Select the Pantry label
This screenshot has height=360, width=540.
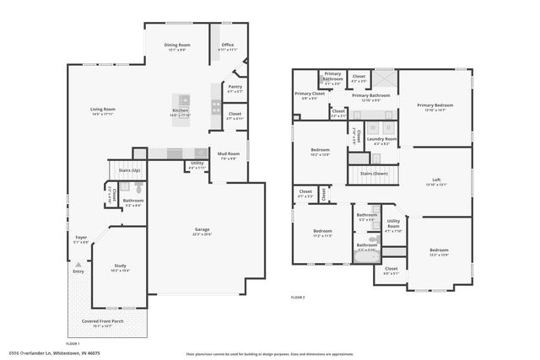tap(235, 87)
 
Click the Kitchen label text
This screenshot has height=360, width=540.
tap(181, 110)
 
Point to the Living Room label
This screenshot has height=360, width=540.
tap(103, 109)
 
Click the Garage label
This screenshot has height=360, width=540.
tap(202, 229)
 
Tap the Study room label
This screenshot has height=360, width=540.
tap(120, 266)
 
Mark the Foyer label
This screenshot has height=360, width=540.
tap(81, 238)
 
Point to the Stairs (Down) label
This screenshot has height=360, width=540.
tap(374, 173)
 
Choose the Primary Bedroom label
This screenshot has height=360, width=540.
tap(435, 105)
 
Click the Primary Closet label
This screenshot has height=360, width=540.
tap(309, 94)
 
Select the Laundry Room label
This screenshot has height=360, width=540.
tap(381, 139)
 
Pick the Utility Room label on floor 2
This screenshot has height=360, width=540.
tap(394, 223)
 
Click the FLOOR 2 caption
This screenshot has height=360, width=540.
tap(297, 297)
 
